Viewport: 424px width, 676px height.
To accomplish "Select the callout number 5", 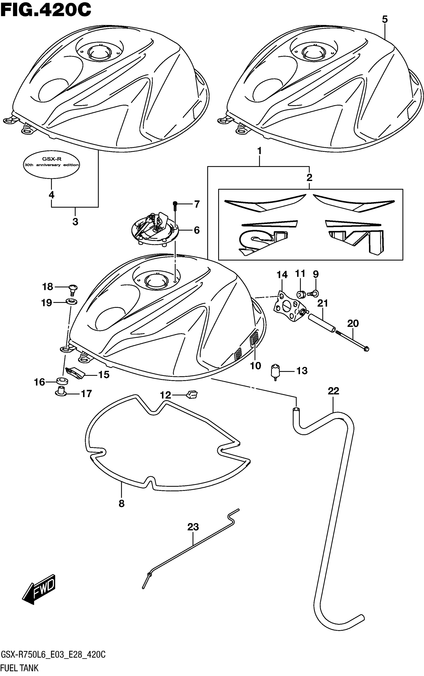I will click(x=385, y=19).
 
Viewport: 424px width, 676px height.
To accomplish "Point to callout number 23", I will click(x=193, y=527).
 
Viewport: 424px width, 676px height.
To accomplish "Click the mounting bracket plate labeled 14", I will click(x=288, y=307).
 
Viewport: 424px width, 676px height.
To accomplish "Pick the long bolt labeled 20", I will click(x=352, y=340).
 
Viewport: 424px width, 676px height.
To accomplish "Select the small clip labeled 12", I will click(x=192, y=395).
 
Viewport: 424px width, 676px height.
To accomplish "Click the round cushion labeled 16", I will click(x=62, y=381).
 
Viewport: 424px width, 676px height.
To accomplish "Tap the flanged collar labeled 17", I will click(x=61, y=391).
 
